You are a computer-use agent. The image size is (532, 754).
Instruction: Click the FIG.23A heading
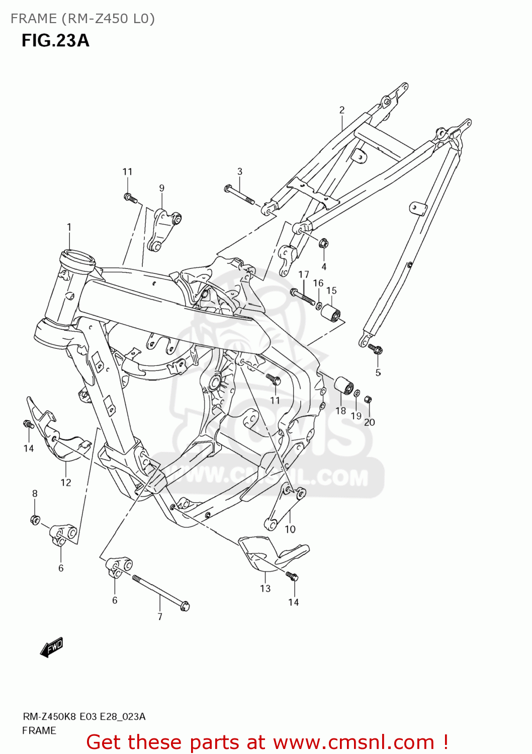click(55, 40)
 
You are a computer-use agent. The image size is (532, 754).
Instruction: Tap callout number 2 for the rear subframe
click(342, 110)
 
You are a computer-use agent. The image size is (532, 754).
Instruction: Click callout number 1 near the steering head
click(69, 227)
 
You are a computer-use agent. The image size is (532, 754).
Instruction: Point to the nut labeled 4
click(324, 244)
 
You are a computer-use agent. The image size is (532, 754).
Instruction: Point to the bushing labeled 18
click(343, 387)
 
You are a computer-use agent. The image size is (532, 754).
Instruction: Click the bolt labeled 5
click(375, 348)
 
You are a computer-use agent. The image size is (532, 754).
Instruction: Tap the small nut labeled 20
click(368, 400)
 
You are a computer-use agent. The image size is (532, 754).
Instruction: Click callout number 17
click(304, 274)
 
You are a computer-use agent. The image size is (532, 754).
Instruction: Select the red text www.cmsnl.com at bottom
click(353, 742)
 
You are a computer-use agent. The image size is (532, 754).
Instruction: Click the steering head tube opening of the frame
click(77, 260)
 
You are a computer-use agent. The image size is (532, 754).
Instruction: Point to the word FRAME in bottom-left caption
click(39, 730)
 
